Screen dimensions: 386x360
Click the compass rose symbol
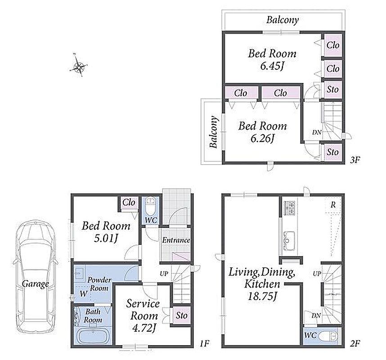pos(79,65)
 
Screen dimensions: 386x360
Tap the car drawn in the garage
pos(36,277)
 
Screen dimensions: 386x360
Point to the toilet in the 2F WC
pos(328,336)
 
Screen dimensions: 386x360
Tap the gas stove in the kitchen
pos(290,208)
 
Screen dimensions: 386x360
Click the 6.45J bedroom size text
pos(272,66)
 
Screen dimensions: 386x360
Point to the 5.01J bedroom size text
pos(106,238)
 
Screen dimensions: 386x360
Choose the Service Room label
pos(144,310)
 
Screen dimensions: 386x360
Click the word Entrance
pos(176,240)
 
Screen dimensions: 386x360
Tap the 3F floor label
pos(355,160)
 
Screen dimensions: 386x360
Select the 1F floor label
pos(205,343)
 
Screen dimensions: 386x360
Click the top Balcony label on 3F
pos(283,20)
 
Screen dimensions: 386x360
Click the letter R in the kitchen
pos(333,205)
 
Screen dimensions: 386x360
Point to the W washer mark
pos(83,293)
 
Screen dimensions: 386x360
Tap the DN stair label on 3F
pos(317,132)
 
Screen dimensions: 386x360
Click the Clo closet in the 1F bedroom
pos(129,202)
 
